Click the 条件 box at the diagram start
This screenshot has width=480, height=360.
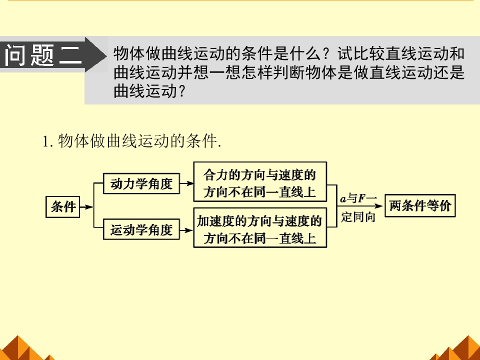click(63, 207)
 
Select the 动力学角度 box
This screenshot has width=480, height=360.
click(141, 183)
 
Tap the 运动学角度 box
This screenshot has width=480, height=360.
click(141, 229)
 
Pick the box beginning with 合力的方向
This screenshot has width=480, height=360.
click(260, 182)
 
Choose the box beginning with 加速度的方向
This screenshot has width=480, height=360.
click(260, 228)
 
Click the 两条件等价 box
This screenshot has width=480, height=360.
click(420, 205)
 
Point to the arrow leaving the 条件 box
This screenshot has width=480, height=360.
click(86, 207)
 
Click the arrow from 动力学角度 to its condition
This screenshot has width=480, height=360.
click(186, 183)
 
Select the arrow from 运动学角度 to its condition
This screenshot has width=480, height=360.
click(186, 229)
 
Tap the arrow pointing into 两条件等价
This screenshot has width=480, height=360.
click(360, 206)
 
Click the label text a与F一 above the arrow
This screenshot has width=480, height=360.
click(358, 198)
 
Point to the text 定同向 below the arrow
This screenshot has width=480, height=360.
click(358, 216)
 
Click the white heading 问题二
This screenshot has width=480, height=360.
click(43, 55)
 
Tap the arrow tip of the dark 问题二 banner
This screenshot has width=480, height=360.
click(106, 55)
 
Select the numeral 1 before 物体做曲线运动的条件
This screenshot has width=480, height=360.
click(46, 141)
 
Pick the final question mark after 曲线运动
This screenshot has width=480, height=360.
click(181, 91)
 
